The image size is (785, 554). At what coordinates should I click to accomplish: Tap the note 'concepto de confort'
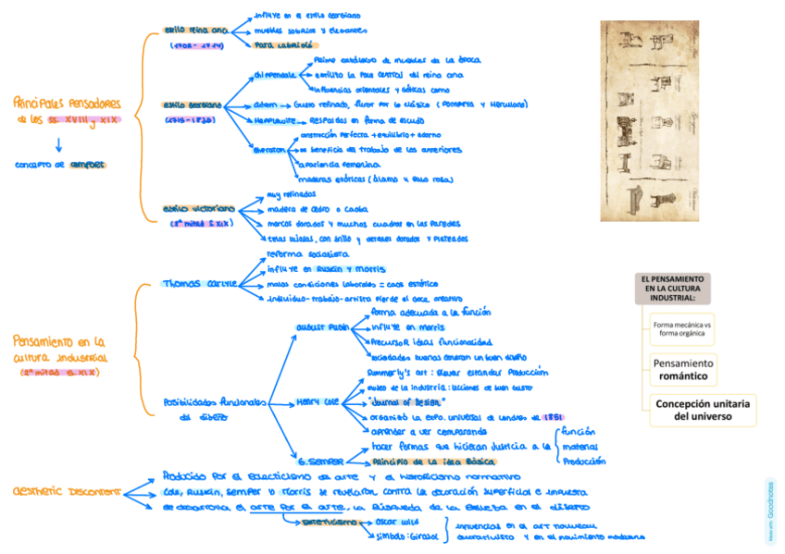60,165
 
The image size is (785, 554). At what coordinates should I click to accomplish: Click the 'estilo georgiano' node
192,105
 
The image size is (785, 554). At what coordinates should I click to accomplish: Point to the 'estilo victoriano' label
197,209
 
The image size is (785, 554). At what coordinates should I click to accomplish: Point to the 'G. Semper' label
321,460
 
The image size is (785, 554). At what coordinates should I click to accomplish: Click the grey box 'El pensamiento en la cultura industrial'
675,288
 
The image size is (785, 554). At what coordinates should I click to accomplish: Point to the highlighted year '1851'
554,416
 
